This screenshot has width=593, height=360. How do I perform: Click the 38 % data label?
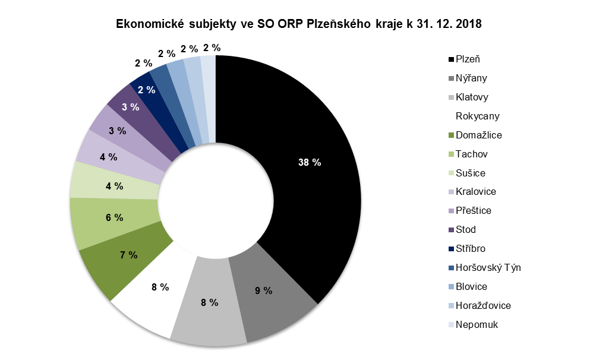309,162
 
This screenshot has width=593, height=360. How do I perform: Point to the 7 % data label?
128,255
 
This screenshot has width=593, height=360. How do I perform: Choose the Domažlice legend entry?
478,135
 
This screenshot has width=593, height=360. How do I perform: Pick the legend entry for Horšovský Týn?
488,268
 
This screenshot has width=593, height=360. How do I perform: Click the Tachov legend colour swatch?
451,154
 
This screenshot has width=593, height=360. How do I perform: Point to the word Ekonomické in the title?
149,25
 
